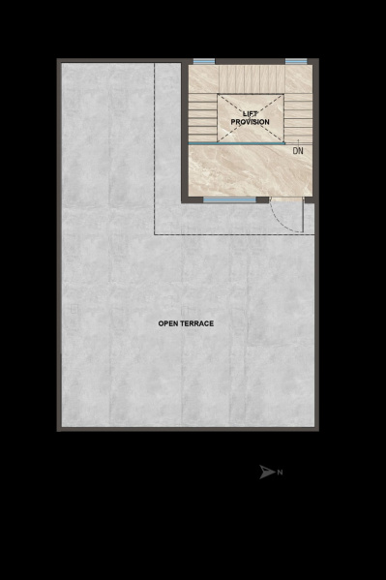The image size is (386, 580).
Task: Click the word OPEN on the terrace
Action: pyautogui.click(x=167, y=323)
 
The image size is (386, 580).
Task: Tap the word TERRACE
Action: pyautogui.click(x=196, y=323)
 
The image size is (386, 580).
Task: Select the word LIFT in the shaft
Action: pyautogui.click(x=250, y=114)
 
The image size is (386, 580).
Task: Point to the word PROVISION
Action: pyautogui.click(x=250, y=122)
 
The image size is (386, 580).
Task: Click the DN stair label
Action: pyautogui.click(x=298, y=150)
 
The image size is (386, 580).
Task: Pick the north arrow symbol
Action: pyautogui.click(x=267, y=472)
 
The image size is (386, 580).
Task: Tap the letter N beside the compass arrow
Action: pyautogui.click(x=280, y=473)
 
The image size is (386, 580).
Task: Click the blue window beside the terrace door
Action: pyautogui.click(x=229, y=200)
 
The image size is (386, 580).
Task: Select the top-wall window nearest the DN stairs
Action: pyautogui.click(x=296, y=61)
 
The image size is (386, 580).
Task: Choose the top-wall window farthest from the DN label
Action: pyautogui.click(x=204, y=61)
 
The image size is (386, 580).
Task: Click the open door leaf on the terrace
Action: pyautogui.click(x=303, y=215)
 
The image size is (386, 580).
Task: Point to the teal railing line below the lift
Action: pyautogui.click(x=237, y=143)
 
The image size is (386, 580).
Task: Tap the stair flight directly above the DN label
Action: pyautogui.click(x=298, y=118)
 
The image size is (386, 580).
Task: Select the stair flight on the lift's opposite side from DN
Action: pyautogui.click(x=203, y=117)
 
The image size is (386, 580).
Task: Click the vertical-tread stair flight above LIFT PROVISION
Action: pyautogui.click(x=252, y=79)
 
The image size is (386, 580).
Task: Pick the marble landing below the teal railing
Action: pyautogui.click(x=251, y=170)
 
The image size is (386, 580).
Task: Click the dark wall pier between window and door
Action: pyautogui.click(x=262, y=200)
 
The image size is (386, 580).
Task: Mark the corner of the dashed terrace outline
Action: pyautogui.click(x=154, y=234)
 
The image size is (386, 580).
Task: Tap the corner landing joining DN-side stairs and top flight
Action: pyautogui.click(x=299, y=79)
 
